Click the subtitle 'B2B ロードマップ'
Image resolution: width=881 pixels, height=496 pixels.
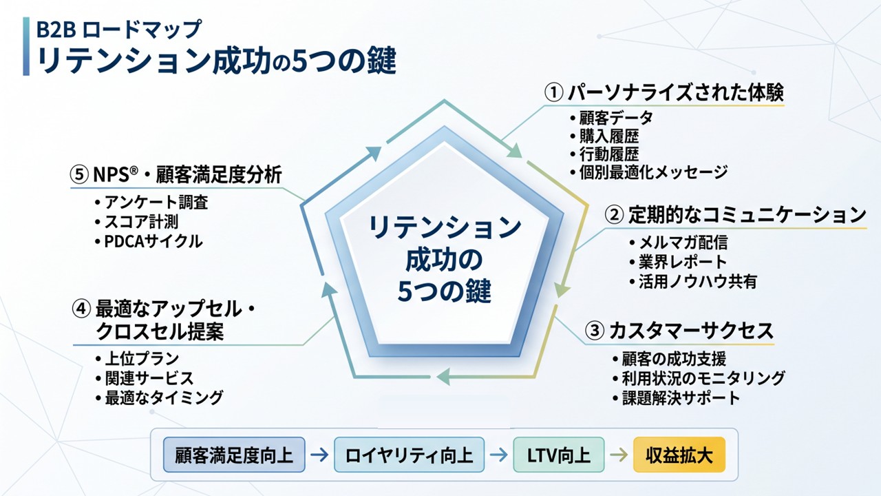(119, 30)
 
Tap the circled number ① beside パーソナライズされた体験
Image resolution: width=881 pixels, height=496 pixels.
(554, 92)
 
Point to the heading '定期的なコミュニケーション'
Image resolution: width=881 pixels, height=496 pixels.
(747, 215)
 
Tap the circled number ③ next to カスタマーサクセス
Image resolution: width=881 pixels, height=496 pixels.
(595, 331)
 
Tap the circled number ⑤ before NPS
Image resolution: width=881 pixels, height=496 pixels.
(79, 174)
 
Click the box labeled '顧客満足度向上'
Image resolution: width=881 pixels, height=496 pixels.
(234, 455)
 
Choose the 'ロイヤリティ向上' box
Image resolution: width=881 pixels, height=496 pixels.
(409, 455)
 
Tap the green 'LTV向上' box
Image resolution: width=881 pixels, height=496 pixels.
(558, 455)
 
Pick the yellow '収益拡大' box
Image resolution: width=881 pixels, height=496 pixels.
(679, 455)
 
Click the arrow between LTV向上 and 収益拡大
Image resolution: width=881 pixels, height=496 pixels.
(619, 455)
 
